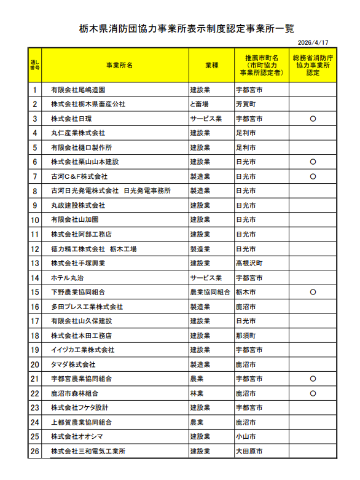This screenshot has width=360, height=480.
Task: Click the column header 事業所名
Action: point(119,65)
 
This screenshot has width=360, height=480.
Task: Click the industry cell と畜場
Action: point(200,104)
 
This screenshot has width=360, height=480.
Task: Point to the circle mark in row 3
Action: point(313,119)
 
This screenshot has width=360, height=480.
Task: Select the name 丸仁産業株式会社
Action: point(78,133)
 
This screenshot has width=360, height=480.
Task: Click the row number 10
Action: point(35,220)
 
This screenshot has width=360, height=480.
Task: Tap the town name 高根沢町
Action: point(249,263)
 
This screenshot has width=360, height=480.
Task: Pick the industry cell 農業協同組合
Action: point(210,292)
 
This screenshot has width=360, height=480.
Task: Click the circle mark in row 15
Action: point(313,292)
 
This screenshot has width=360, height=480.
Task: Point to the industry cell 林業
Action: point(197,393)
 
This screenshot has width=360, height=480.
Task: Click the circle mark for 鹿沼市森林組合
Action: point(313,393)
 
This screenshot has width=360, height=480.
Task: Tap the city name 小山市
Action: point(246,437)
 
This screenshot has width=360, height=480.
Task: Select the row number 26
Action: point(35,452)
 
